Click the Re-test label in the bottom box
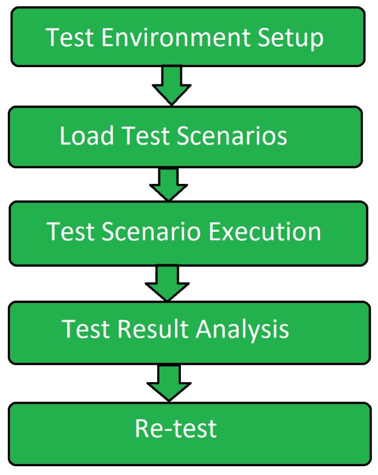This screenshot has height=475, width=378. (x=176, y=429)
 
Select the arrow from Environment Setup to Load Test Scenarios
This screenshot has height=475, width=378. (x=170, y=85)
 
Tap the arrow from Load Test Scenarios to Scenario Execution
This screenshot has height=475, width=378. (x=169, y=184)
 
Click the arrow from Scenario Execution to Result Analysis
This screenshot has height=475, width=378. (x=167, y=282)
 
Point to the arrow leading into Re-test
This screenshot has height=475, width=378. (x=169, y=382)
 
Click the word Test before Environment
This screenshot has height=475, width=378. (x=69, y=38)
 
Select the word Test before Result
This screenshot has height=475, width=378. (x=85, y=329)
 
